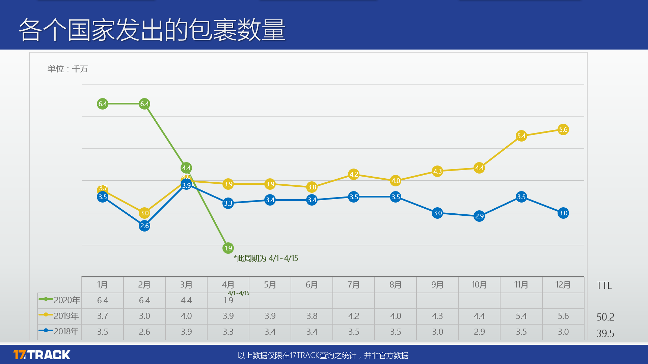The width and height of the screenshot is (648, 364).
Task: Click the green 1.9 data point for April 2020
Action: (228, 248)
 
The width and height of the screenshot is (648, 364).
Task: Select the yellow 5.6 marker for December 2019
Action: (563, 129)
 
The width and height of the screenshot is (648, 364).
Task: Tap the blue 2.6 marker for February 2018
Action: (144, 226)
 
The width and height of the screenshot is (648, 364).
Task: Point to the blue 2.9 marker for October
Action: (479, 216)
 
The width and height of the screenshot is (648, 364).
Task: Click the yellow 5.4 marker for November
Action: (521, 136)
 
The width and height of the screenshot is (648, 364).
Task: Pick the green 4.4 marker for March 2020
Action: (186, 168)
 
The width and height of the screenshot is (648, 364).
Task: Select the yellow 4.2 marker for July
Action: (354, 174)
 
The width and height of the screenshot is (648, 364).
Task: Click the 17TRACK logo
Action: (42, 355)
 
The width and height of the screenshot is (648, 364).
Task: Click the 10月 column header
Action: (479, 285)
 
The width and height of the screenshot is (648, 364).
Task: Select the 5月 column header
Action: (270, 285)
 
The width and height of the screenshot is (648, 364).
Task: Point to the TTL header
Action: (604, 286)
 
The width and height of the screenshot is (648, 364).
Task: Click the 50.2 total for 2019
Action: (605, 317)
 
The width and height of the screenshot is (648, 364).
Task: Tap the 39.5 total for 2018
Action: (605, 333)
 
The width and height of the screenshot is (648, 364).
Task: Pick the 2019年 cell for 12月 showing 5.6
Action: (563, 316)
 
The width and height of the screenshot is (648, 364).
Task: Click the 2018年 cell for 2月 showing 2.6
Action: (144, 332)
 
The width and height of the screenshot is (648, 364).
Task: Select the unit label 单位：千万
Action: (67, 69)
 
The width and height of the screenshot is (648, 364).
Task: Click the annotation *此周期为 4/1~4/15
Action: (266, 259)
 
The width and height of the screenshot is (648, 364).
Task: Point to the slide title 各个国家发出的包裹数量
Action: (152, 30)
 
